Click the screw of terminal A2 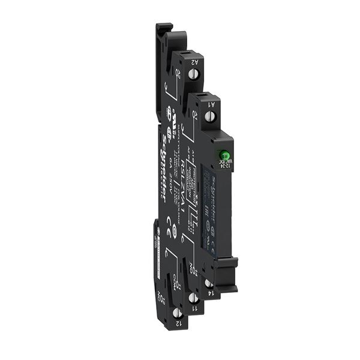[x=194, y=75]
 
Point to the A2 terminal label [x=196, y=61]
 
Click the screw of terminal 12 [x=178, y=312]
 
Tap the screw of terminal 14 [x=208, y=283]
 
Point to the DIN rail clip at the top [x=162, y=36]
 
